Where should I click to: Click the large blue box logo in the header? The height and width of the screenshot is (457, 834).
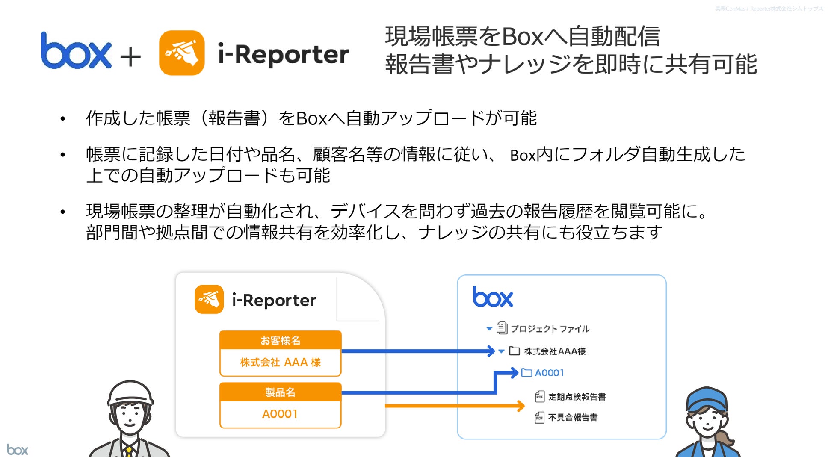point(76,51)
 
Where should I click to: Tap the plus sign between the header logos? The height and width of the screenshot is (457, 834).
point(130,57)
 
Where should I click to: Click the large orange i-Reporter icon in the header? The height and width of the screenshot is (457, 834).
point(181,53)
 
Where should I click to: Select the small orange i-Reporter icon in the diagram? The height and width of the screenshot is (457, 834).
point(209,299)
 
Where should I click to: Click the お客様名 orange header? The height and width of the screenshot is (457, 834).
point(280,340)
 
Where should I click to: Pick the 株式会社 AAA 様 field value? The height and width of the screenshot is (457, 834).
point(280,363)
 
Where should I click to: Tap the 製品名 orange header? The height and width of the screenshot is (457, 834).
point(280,392)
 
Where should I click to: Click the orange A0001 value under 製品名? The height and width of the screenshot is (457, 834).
point(280,414)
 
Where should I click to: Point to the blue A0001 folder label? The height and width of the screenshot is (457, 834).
point(549,373)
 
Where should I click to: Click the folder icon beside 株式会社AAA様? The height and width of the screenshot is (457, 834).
point(515,351)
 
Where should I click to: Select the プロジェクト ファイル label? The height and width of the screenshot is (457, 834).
point(550,329)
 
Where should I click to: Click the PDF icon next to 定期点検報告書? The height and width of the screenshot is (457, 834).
point(540,397)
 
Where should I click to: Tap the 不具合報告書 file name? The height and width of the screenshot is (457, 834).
point(573,417)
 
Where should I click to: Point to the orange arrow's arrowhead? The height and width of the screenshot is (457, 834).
point(521,406)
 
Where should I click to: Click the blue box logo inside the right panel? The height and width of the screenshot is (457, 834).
point(493,297)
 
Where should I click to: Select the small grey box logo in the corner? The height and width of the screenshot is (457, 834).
point(17,450)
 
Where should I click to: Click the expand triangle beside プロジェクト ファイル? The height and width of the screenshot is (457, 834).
point(489,329)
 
